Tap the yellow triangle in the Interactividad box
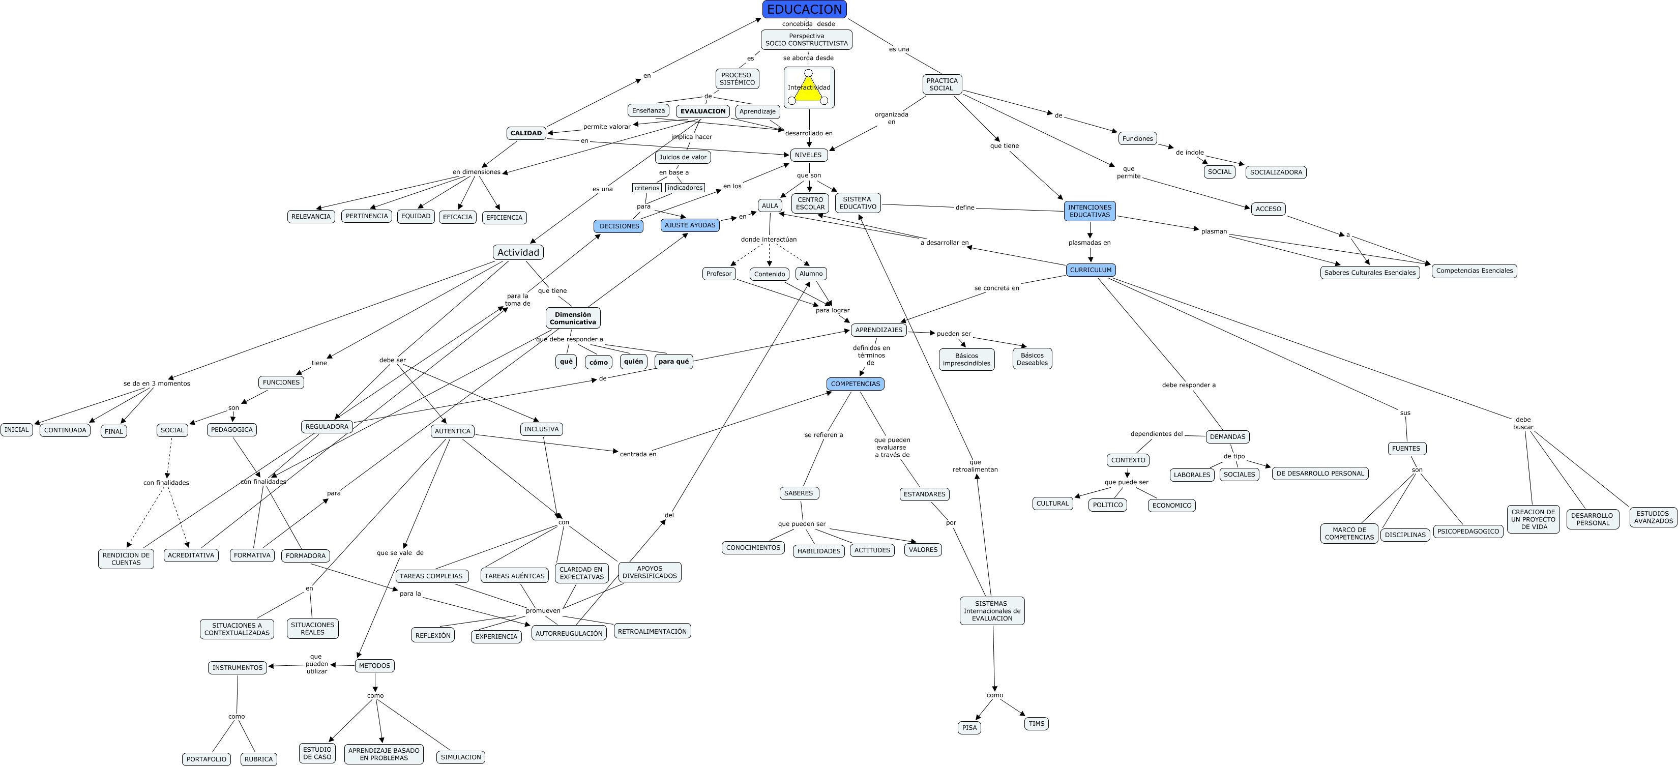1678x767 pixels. point(808,89)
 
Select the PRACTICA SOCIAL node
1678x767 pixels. point(941,84)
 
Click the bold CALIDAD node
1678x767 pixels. point(525,133)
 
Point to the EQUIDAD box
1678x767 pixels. point(416,216)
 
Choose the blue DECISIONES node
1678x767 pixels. point(619,226)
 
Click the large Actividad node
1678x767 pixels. point(518,252)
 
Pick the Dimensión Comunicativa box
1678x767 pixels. point(573,318)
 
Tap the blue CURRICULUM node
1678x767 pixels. point(1091,270)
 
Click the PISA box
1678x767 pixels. point(969,727)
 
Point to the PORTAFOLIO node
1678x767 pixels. point(206,759)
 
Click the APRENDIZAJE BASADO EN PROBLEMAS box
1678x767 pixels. point(384,754)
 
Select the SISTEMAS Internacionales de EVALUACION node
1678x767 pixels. point(991,611)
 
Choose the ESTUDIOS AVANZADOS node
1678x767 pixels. point(1653,517)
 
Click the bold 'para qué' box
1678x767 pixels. point(673,361)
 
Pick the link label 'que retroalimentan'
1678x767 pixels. point(975,465)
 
